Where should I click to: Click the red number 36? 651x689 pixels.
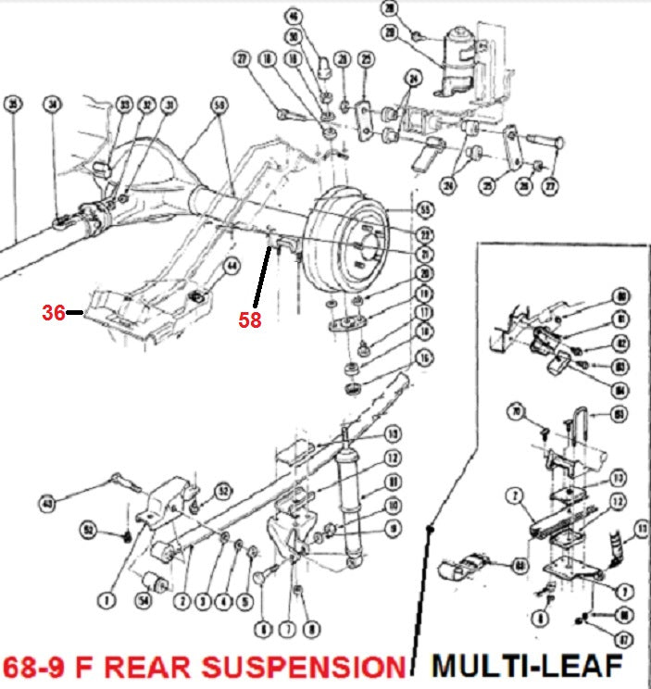tap(54, 313)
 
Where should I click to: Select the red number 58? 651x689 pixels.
tap(248, 320)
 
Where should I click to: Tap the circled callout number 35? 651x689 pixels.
tap(12, 104)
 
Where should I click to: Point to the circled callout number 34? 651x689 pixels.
tap(53, 105)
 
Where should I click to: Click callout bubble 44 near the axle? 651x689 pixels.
tap(231, 265)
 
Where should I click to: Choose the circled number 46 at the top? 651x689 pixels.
tap(294, 15)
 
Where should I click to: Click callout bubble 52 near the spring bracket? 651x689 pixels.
tap(222, 491)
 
